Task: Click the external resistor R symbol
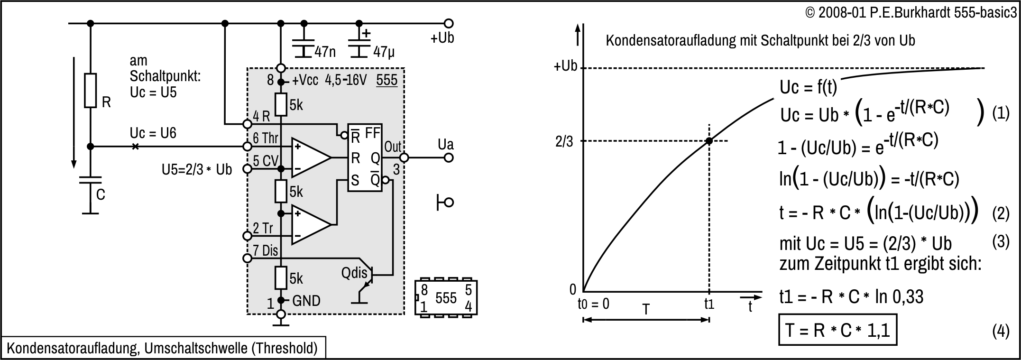90,90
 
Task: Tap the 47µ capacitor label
384,51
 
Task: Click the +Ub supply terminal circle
448,23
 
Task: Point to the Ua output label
445,145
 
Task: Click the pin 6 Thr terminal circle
247,147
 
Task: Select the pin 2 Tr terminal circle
247,236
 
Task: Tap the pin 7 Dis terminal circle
247,258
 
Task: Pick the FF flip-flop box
365,157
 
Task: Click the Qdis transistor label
354,273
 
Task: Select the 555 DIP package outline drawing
446,297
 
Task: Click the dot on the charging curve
708,141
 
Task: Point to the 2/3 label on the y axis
564,141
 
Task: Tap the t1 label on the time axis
708,304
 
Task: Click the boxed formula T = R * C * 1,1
837,329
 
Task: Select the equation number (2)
1001,214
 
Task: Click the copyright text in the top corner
911,13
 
